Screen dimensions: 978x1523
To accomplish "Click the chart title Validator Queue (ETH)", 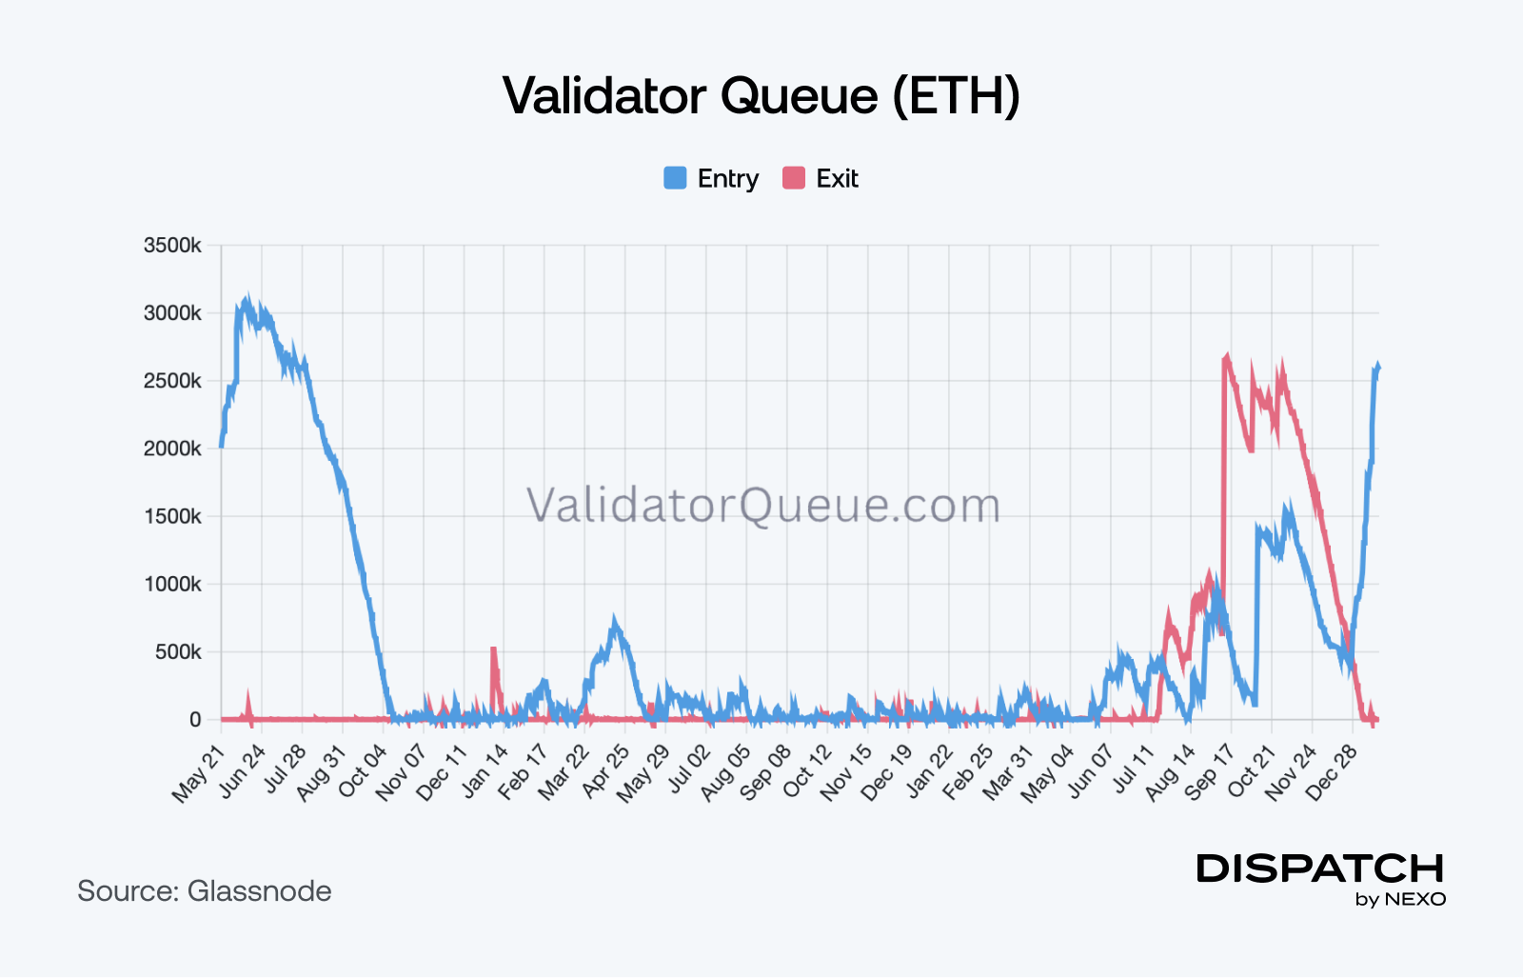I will [761, 96].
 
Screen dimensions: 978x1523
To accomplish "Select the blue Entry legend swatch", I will [675, 178].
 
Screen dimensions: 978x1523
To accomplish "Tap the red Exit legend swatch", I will [794, 178].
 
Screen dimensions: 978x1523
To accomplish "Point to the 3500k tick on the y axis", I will [172, 246].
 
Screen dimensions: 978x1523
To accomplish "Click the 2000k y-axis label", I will [172, 449].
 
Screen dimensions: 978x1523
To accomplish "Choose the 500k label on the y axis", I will [178, 652].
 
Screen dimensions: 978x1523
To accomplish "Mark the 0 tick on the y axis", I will [195, 720].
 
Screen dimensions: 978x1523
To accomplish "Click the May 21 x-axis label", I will [199, 773].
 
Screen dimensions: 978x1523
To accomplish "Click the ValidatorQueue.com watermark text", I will [763, 505].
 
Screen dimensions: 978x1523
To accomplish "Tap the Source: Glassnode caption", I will [205, 891].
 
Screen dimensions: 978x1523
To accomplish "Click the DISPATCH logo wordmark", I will [1320, 868].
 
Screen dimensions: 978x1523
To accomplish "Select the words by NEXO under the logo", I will [1400, 899].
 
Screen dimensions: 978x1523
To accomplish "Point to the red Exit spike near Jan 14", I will [494, 651].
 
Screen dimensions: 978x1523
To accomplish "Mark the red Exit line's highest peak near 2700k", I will [1227, 358].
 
